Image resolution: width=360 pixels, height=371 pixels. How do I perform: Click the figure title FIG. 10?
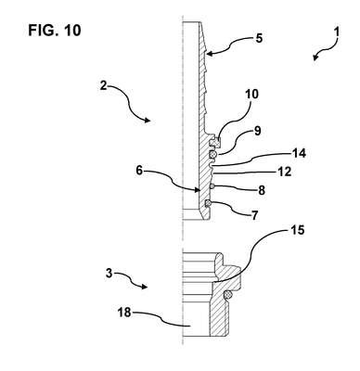click(55, 31)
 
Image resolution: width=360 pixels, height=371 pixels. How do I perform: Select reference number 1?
click(337, 32)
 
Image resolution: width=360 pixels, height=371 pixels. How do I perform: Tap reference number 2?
click(103, 85)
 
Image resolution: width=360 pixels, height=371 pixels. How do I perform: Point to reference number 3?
click(109, 274)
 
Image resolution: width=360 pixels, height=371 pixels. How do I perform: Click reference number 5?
click(259, 39)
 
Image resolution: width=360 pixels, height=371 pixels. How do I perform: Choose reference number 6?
click(140, 171)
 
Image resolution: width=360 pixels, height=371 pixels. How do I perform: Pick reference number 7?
click(254, 215)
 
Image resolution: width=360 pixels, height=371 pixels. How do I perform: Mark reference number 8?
click(262, 190)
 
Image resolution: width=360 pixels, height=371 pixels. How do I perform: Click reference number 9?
click(257, 131)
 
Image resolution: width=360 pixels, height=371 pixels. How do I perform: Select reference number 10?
click(251, 95)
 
